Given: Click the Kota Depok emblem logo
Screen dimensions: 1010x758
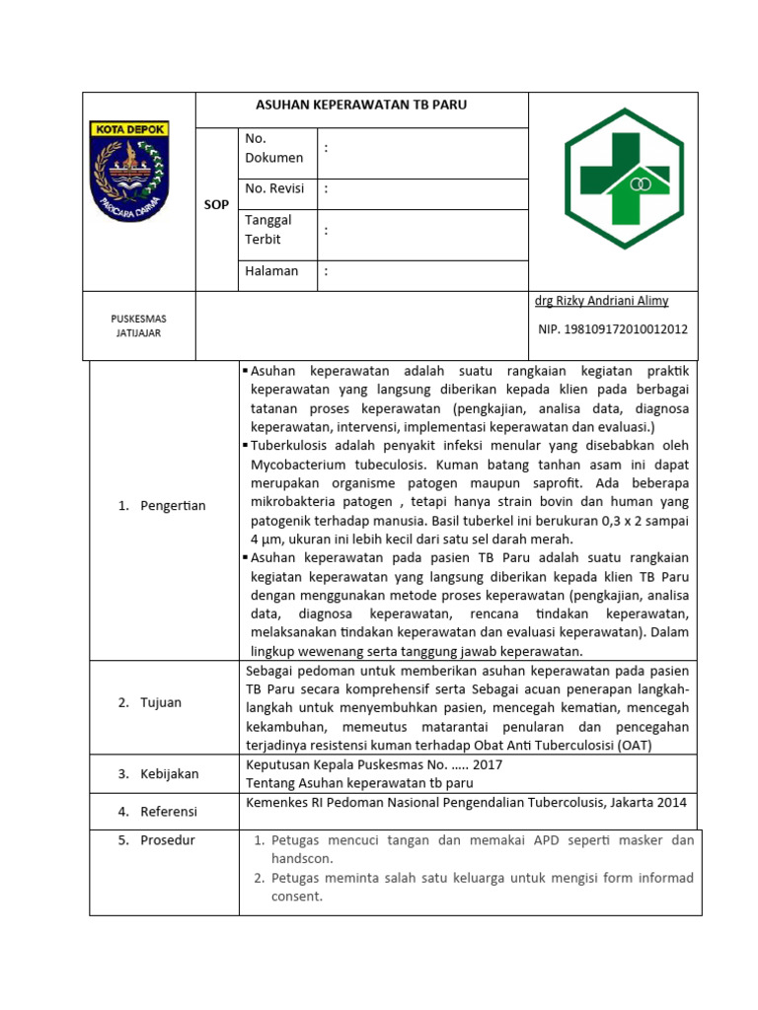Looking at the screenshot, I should coord(129,171).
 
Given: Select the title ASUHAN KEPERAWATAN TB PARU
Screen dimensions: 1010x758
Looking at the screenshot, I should coord(362,106).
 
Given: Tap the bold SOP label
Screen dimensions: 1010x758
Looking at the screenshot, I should coord(217,205).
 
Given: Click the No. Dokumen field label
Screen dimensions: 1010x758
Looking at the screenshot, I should coord(273,148).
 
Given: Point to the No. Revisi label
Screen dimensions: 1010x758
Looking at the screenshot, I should coord(274,188).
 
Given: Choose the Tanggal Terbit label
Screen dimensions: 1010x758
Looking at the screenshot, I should coord(268,230).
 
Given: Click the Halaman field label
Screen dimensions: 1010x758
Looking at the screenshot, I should coord(271,271).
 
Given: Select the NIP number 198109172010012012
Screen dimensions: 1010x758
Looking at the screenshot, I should coord(613,329).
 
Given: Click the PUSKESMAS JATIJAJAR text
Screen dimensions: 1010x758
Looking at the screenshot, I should coord(138,325).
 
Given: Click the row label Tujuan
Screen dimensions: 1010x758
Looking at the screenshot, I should coord(159,702).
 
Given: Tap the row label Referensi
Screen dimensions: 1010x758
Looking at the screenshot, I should coord(167,812).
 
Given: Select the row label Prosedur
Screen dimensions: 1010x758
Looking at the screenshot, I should coord(167,840).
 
